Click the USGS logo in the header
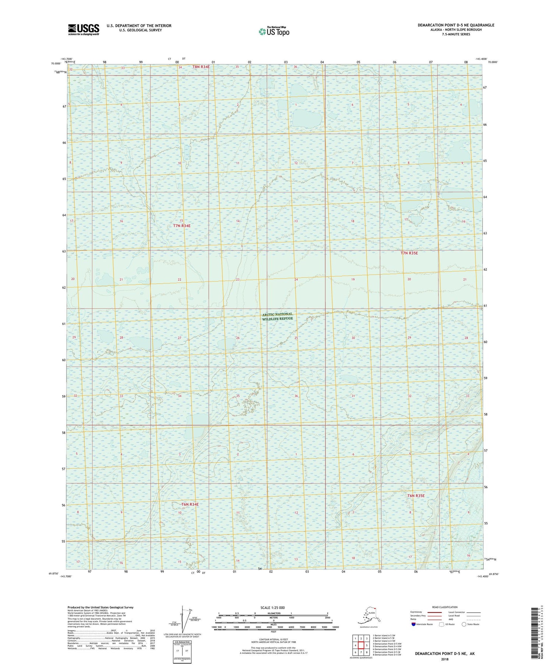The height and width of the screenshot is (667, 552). [84, 29]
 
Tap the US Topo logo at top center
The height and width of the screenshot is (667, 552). [274, 31]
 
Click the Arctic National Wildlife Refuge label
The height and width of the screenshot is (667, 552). [277, 316]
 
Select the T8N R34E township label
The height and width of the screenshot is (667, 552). [201, 67]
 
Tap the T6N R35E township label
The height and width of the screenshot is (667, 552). [416, 496]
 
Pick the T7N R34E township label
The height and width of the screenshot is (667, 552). [182, 226]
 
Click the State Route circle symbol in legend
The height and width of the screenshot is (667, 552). [464, 624]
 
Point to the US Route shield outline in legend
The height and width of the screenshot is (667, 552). [442, 624]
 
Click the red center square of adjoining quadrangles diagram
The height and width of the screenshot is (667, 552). [361, 645]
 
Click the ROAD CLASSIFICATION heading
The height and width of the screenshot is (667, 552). [445, 607]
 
